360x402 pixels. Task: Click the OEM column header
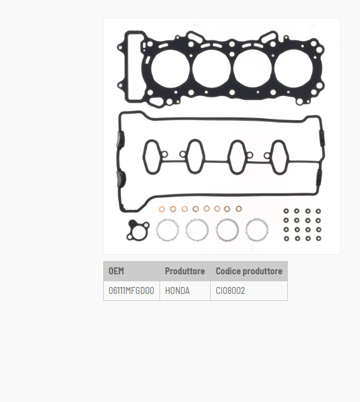click(116, 271)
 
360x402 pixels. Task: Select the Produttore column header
click(185, 271)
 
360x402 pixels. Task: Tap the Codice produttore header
click(249, 271)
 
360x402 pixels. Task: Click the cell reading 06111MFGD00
click(132, 291)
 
